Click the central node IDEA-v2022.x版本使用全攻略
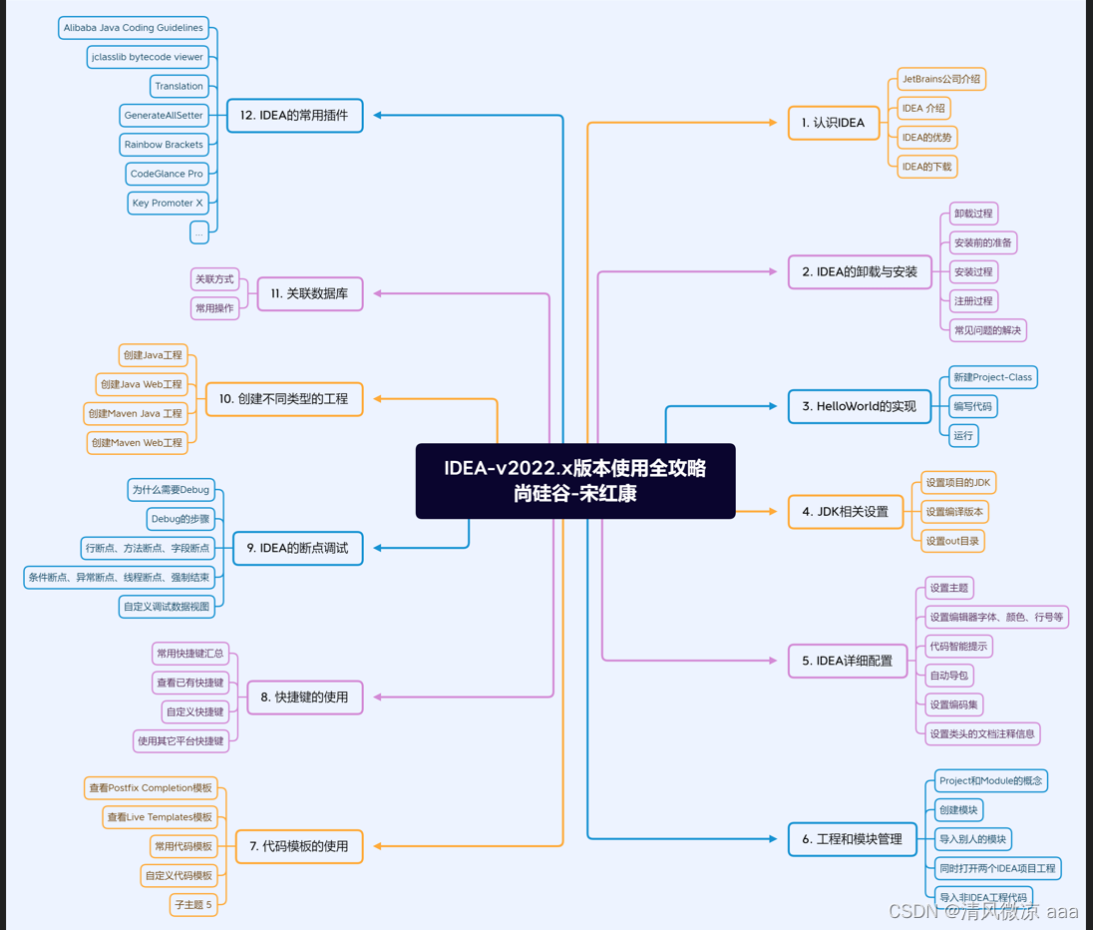[575, 480]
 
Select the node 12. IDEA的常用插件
[294, 116]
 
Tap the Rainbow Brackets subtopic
[164, 145]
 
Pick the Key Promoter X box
[168, 203]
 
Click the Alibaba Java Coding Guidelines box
[134, 28]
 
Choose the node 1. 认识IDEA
[833, 123]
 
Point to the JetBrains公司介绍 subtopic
[940, 79]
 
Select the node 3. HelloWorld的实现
[859, 406]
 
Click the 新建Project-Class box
[992, 377]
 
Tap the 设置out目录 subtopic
[952, 541]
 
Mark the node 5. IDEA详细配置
[847, 661]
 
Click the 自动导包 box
[948, 676]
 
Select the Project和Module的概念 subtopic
[990, 780]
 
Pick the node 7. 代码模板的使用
[298, 846]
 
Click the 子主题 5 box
[193, 905]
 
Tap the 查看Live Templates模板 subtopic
[160, 817]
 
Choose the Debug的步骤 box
[181, 519]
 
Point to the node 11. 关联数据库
[309, 294]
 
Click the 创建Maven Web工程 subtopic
[137, 442]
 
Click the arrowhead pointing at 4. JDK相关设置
[772, 511]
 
